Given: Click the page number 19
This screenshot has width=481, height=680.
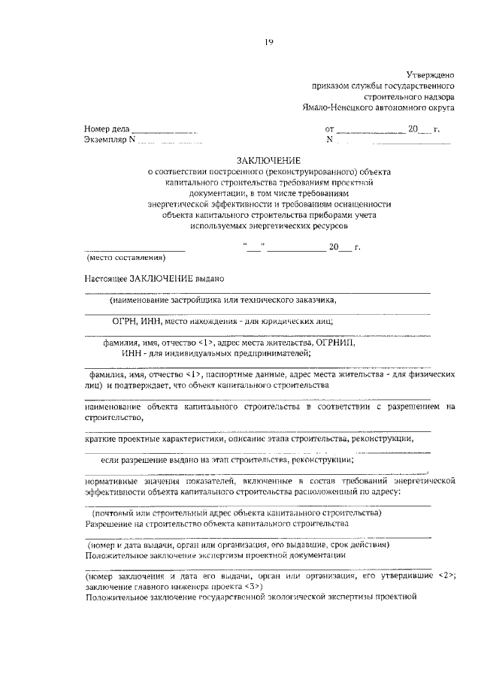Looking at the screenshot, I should [268, 41].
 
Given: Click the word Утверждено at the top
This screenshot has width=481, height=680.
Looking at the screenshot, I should [431, 75].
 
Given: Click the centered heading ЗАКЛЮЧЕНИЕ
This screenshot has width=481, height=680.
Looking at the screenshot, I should [268, 161].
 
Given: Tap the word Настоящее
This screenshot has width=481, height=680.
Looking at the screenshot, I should [106, 278].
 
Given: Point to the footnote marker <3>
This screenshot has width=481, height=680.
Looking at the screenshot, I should [253, 585].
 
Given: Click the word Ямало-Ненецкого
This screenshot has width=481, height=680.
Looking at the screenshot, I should [334, 107].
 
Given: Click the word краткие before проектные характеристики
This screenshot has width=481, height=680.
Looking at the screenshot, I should [101, 438].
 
